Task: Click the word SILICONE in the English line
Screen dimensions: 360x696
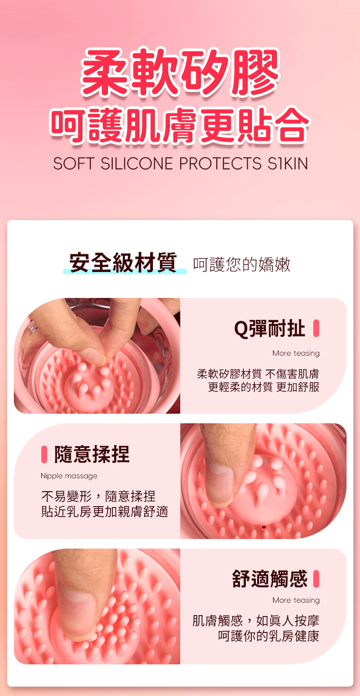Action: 136,163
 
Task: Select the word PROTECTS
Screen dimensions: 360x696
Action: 220,163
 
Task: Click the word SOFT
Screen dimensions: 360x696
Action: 73,163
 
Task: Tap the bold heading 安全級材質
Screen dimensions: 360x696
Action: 123,263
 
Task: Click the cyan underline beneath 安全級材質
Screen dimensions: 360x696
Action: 125,271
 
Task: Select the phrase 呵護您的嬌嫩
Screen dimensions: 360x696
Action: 241,264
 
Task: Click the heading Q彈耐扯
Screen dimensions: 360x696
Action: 269,328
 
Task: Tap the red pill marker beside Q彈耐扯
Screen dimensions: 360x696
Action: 316,328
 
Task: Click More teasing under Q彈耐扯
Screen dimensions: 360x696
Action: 296,353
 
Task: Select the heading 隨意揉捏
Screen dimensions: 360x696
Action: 92,454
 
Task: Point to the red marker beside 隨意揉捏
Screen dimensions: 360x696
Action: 44,454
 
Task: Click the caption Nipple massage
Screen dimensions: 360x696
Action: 69,476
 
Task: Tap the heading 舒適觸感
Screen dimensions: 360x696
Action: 269,579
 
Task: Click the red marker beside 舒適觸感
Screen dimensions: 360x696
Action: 316,579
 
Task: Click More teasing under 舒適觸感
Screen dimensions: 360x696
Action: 296,600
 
